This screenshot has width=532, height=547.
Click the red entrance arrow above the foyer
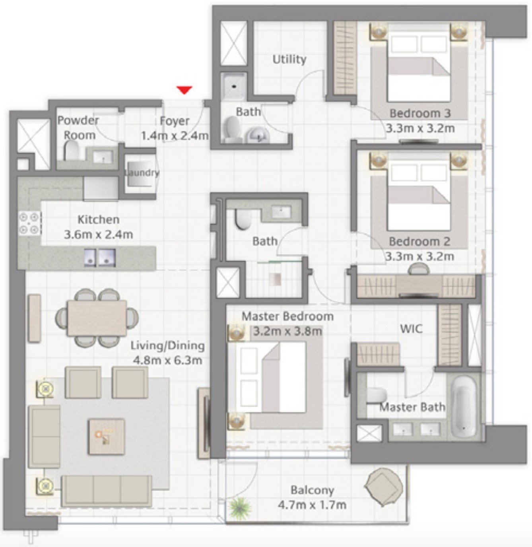coord(184,90)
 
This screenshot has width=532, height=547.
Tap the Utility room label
coord(289,60)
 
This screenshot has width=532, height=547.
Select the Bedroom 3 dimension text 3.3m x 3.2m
coord(420,128)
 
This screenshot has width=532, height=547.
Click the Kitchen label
coord(98,219)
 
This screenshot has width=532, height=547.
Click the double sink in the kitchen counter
coord(99,257)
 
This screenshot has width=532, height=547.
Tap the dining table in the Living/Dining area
coord(97,318)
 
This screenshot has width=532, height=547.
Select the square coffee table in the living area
coord(106,436)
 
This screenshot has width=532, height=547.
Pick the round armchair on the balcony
coord(383,487)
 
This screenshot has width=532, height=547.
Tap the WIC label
coord(411,329)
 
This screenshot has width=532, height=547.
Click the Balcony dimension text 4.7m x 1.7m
coord(312,505)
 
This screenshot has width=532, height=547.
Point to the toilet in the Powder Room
coord(72,152)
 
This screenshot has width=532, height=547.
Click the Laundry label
coord(142,173)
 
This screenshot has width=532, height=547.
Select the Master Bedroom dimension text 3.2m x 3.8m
coord(288,331)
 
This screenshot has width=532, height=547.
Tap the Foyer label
coord(175,121)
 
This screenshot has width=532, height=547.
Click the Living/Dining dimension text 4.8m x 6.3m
coord(167,361)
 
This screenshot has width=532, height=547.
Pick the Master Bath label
coord(412,407)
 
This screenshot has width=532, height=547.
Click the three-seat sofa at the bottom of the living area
coord(106,491)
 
